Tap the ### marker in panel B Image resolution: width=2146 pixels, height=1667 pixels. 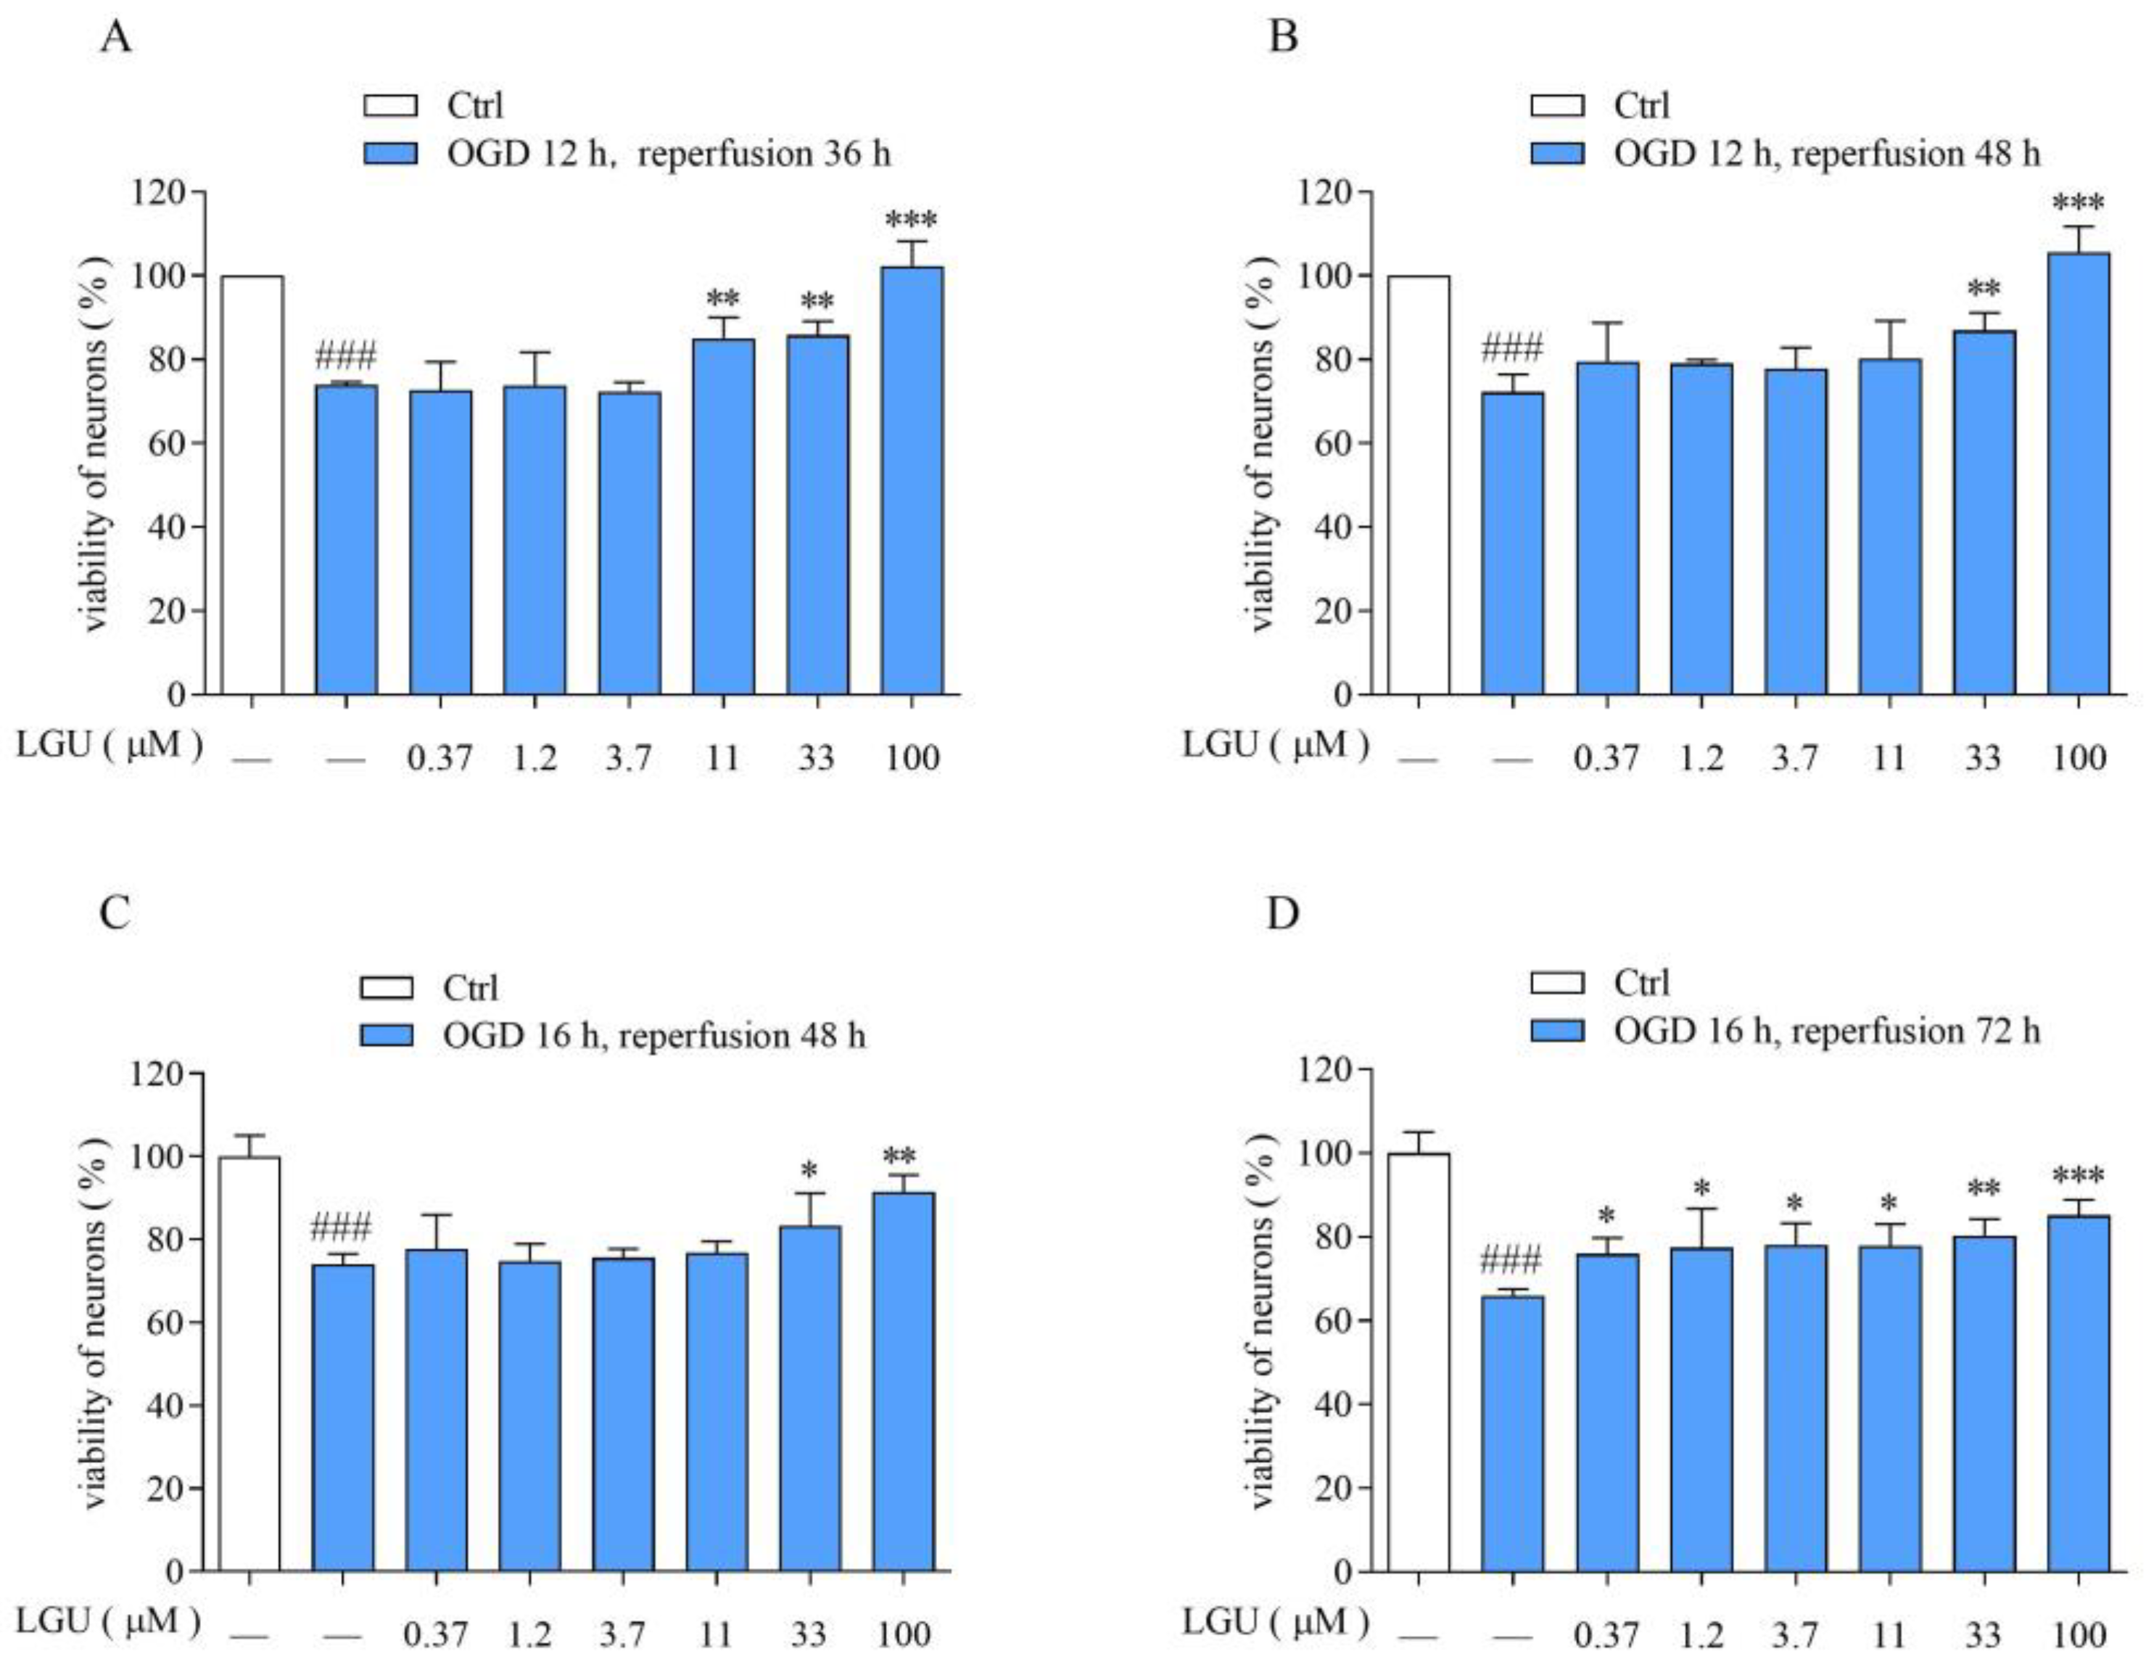(1511, 348)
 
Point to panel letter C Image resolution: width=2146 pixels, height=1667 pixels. (116, 914)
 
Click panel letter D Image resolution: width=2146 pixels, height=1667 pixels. (1283, 914)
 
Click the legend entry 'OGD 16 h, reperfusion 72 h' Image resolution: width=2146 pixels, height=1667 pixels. (1827, 1030)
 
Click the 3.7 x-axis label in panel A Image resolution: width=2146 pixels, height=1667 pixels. (628, 759)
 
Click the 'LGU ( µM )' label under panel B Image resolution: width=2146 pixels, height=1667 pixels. (1274, 745)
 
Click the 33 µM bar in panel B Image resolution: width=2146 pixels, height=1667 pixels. (1983, 511)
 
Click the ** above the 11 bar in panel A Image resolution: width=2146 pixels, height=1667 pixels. (722, 299)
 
